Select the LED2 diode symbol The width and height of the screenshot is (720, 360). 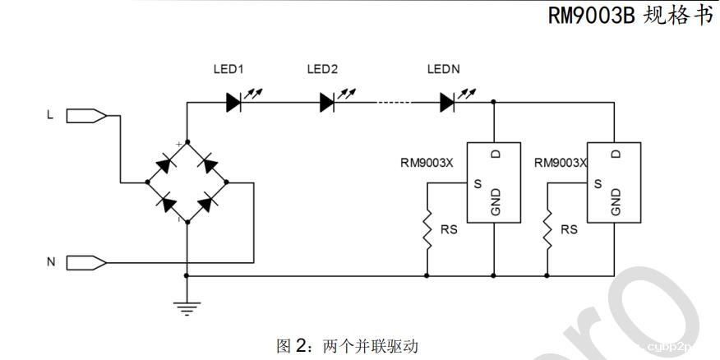click(328, 102)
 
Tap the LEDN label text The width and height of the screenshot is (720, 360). click(444, 70)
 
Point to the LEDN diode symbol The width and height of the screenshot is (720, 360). click(447, 102)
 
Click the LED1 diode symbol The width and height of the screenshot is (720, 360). click(233, 102)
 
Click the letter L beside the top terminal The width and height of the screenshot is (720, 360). click(49, 116)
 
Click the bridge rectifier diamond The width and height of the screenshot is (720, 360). click(187, 182)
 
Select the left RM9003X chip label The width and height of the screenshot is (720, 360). click(427, 163)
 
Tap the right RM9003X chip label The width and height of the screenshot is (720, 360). click(560, 163)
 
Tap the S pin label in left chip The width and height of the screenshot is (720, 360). click(477, 182)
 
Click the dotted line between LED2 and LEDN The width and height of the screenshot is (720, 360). click(393, 102)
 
